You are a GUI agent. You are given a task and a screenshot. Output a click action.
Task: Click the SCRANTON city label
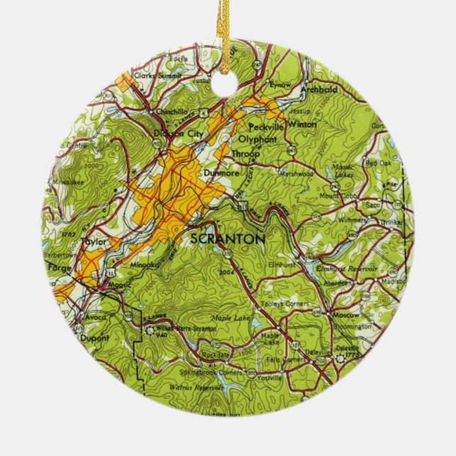click(229, 239)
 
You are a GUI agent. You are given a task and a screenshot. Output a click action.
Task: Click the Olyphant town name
click(257, 139)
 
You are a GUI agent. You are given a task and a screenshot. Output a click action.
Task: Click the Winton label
click(301, 124)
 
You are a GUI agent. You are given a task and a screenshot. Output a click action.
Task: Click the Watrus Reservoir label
click(193, 387)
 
